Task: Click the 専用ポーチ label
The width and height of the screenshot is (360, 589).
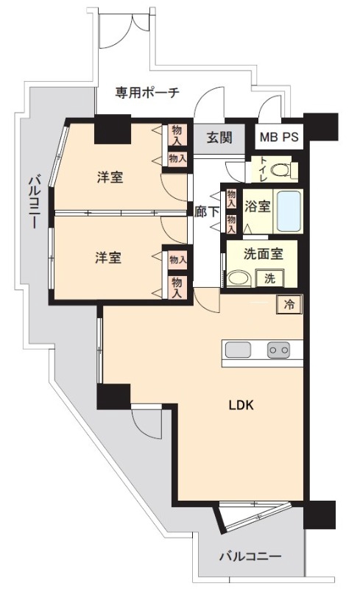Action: tap(147, 93)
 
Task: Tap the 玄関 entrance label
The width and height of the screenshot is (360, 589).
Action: tap(219, 138)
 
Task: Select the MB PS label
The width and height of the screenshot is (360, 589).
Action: tap(279, 137)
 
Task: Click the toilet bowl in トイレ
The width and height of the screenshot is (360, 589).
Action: tap(280, 170)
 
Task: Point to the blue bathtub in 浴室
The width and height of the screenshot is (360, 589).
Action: tap(289, 211)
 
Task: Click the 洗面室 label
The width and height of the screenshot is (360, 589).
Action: tap(263, 254)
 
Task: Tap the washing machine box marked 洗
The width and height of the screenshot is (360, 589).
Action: tap(269, 278)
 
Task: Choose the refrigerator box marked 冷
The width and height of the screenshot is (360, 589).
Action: tap(289, 305)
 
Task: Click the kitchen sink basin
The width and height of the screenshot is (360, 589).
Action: tap(238, 350)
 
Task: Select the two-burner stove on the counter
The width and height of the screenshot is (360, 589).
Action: tap(279, 350)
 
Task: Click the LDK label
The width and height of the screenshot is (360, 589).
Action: tap(241, 406)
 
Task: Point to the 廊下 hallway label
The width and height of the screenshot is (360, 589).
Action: tap(207, 211)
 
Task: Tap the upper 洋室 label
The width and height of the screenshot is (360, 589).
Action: tap(110, 177)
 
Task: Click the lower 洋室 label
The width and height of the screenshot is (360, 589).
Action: tap(107, 258)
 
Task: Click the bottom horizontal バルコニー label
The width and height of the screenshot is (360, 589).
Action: tap(250, 557)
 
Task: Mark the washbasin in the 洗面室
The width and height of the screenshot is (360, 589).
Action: tap(238, 279)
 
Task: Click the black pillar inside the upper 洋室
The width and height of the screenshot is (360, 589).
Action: tap(113, 130)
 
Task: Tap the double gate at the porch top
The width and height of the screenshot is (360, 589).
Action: tap(127, 29)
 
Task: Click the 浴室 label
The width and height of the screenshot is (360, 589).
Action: tap(258, 206)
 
